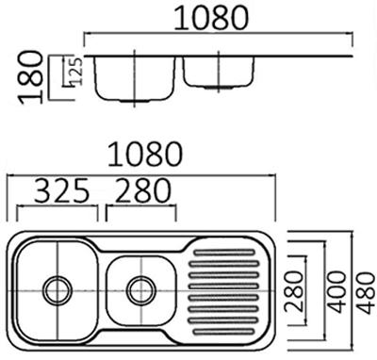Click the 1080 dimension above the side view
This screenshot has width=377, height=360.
point(211,18)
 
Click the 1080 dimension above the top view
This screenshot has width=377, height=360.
point(145,154)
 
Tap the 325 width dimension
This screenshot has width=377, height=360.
point(61,190)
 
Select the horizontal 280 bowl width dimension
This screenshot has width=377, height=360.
point(143,190)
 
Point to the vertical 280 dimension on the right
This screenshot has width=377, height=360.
point(294,291)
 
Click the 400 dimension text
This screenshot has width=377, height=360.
point(336,292)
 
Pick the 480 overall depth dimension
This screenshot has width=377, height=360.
point(367,293)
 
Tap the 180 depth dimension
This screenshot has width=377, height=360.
point(31,77)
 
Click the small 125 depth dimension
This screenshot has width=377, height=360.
point(76,72)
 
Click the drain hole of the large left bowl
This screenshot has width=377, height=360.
point(57,291)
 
